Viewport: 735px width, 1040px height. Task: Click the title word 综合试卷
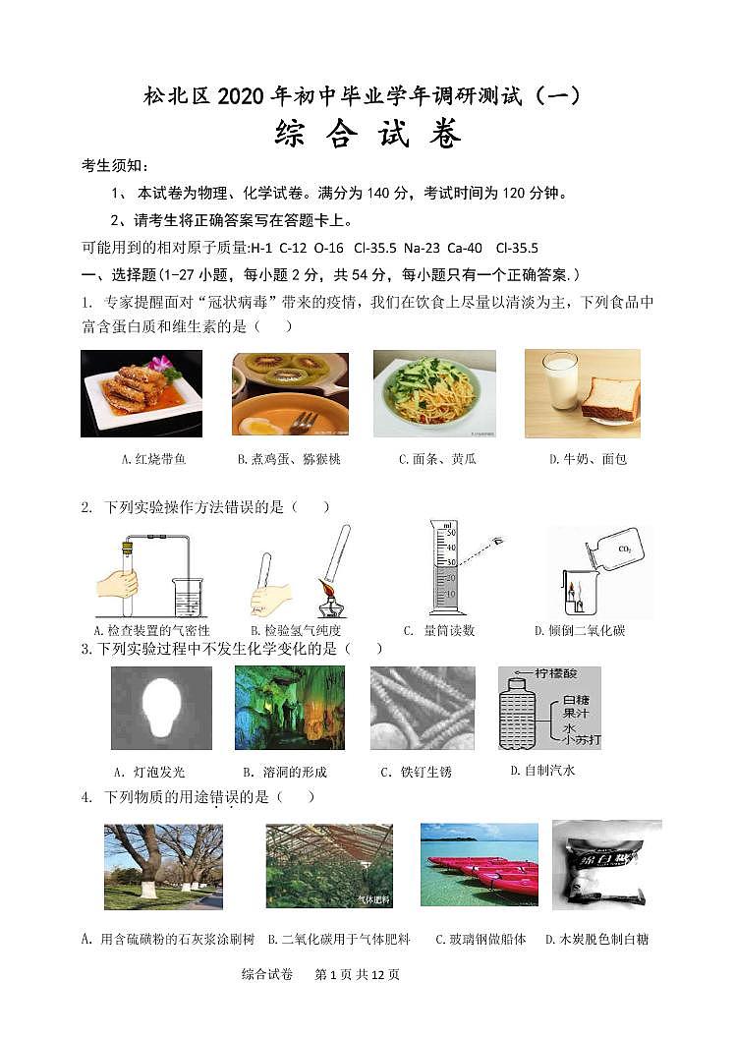tap(367, 135)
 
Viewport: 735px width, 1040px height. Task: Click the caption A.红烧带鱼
tap(140, 459)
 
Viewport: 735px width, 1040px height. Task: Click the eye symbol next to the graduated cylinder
tap(497, 542)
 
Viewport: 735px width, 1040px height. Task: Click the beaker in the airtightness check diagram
tap(187, 597)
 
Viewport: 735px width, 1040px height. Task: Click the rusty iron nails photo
tap(423, 708)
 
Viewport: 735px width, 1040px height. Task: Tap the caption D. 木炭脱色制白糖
tap(596, 939)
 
